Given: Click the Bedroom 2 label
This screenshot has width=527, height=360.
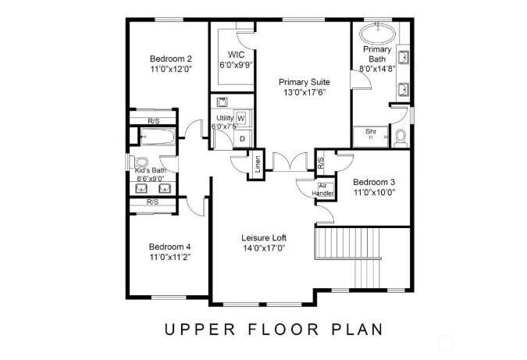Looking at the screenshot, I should point(170,59).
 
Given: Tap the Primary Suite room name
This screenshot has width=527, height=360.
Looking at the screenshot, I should point(304,81).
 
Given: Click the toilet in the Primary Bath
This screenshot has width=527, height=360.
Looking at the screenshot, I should point(401,137).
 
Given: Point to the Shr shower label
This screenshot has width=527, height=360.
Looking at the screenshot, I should point(371,132).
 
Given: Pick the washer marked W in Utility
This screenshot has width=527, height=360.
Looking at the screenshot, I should point(240,118).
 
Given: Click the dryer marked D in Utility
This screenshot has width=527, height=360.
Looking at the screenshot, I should point(242,138).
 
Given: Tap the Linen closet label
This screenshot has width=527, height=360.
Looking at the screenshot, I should point(257,166).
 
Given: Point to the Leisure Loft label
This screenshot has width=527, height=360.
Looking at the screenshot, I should point(263,237).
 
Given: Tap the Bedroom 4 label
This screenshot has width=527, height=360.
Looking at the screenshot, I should point(170,246).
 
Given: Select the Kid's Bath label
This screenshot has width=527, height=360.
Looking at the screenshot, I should point(151,170).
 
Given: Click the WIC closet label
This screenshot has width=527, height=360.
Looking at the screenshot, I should point(237,55).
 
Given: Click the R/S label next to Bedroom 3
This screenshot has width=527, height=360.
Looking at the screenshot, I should point(321,163).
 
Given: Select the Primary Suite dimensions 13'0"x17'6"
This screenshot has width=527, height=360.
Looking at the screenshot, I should point(304,92).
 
